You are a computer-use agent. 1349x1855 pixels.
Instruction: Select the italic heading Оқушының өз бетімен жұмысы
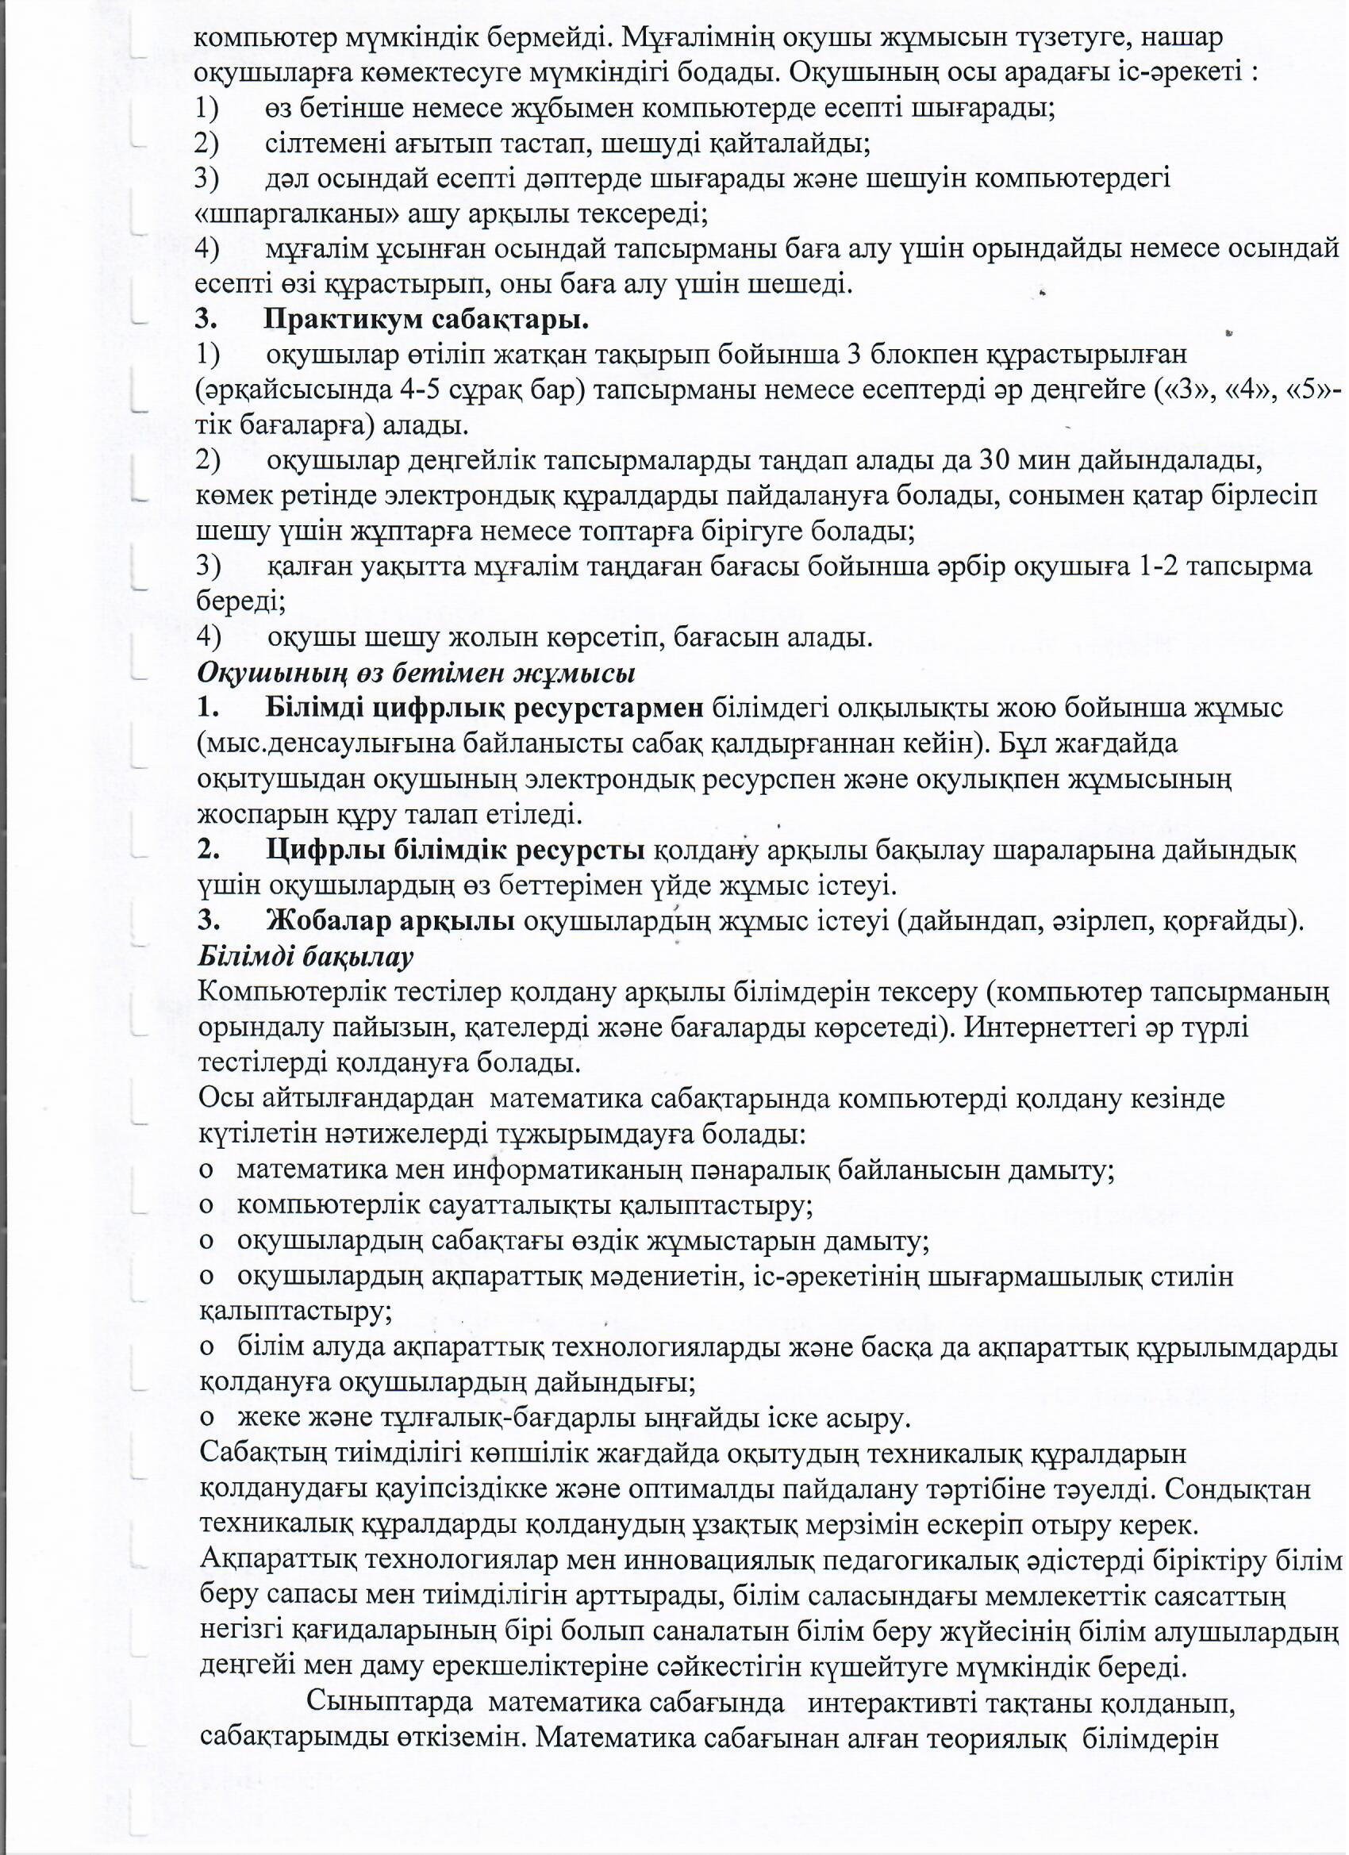pos(417,673)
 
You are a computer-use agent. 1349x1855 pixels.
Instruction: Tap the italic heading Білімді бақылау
pos(306,956)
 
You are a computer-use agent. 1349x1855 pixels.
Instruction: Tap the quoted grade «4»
pos(1229,390)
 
